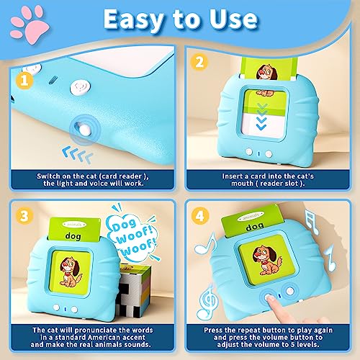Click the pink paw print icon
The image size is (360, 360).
click(x=23, y=19)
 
